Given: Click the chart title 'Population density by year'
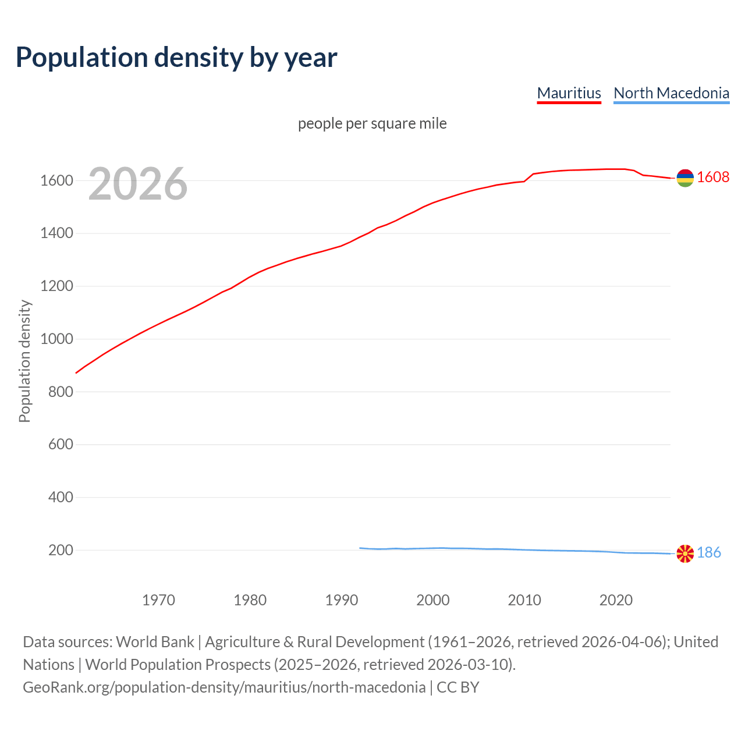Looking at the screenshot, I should (176, 58).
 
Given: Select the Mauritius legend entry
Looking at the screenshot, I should (569, 93).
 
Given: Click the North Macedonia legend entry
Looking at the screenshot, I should (671, 93).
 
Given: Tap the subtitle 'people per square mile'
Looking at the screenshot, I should (372, 124).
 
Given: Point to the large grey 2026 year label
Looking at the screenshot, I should (138, 184).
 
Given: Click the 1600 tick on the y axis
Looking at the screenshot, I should (56, 180).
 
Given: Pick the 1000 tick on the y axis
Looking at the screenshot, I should (56, 339).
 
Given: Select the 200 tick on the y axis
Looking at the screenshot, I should (61, 550).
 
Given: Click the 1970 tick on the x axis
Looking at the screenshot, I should (158, 600).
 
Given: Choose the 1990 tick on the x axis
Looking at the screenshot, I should (342, 600).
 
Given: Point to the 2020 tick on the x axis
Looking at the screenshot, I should (616, 600).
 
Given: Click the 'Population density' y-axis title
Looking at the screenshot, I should (24, 361).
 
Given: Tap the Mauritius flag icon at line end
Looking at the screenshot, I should (685, 178).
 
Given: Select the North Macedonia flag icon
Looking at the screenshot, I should (685, 554).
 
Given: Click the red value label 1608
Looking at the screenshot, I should (713, 178).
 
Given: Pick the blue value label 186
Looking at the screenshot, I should (709, 553).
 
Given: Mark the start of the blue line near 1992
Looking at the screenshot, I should (360, 548).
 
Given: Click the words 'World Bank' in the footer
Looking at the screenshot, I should (155, 642).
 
